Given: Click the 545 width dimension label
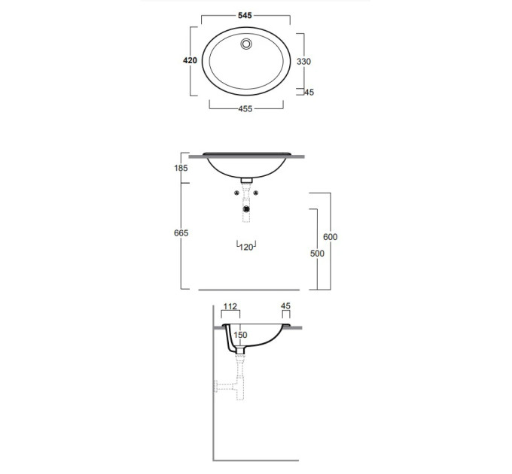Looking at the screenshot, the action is click(x=245, y=15).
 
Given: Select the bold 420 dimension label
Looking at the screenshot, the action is click(x=190, y=60).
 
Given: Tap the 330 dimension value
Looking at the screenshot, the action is click(x=303, y=62).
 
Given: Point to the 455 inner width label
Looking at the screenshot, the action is click(x=245, y=108).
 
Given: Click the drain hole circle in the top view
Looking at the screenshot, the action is click(x=246, y=44).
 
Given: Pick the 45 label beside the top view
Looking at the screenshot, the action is click(x=309, y=93).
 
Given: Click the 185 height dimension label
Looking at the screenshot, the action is click(x=181, y=168).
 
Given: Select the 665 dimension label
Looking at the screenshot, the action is click(x=181, y=233).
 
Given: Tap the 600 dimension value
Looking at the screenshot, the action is click(x=330, y=237).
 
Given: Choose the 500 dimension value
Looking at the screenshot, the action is click(x=317, y=254).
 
